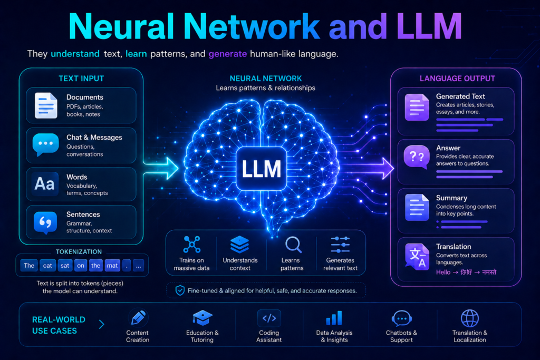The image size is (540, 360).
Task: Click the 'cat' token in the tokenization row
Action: click(x=47, y=265)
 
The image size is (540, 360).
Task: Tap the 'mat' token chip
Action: click(x=112, y=265)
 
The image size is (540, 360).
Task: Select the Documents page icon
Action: click(x=46, y=105)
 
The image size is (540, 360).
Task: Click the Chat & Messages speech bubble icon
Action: click(x=45, y=144)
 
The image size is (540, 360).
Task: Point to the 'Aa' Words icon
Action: click(x=45, y=184)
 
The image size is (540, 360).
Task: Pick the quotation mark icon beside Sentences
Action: click(x=45, y=222)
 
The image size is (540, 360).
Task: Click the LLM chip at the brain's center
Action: click(x=262, y=169)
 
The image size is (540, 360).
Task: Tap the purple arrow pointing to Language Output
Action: click(x=369, y=168)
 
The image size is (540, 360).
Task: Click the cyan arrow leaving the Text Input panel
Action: click(x=161, y=168)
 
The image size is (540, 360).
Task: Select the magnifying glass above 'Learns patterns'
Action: click(x=293, y=245)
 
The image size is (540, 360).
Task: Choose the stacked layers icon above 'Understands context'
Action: click(x=240, y=245)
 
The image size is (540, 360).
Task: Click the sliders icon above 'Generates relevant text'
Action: click(x=340, y=245)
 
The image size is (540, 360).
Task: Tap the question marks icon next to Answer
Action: click(x=417, y=157)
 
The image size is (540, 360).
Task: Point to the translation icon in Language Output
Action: click(x=417, y=257)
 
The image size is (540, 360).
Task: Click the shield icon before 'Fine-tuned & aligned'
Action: click(x=180, y=290)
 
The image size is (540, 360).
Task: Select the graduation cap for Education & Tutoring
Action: click(x=202, y=318)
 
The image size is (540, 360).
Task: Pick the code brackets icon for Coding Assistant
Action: click(x=269, y=318)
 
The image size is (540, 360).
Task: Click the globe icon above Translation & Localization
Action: click(x=470, y=318)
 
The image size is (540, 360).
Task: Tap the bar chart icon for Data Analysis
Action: click(x=334, y=318)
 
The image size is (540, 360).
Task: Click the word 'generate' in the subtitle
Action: click(x=228, y=54)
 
